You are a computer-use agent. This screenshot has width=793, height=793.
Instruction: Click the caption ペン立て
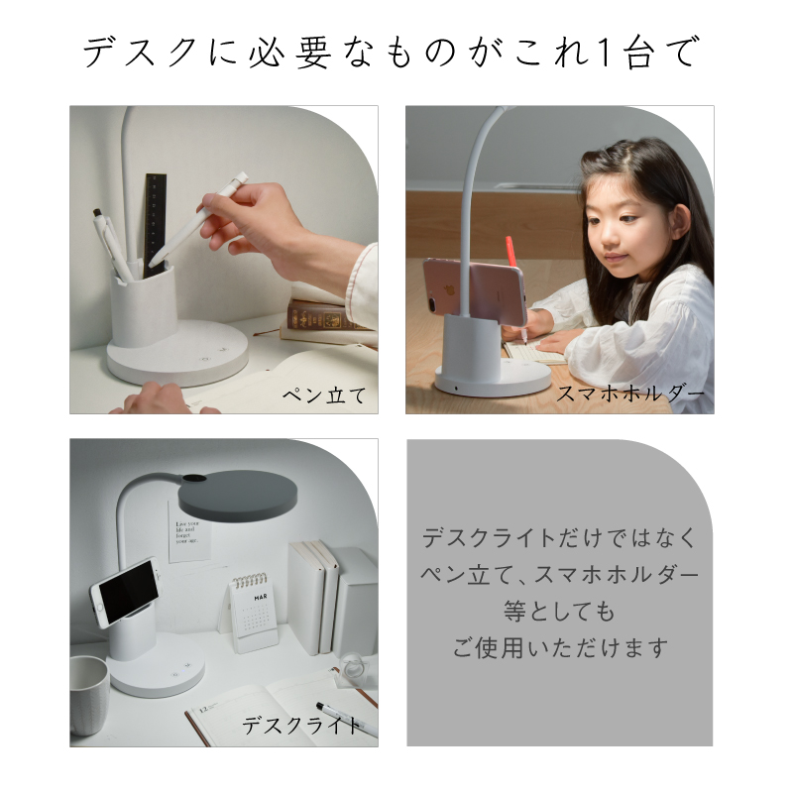point(324,396)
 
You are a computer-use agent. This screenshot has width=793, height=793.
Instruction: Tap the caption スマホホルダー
point(629,396)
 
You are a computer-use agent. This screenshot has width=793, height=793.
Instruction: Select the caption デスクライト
point(302,726)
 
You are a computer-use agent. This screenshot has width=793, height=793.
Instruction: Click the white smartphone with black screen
point(124,592)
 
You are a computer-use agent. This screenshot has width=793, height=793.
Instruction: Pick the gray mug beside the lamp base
point(88,694)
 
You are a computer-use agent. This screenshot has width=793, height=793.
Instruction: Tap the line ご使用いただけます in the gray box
point(560,648)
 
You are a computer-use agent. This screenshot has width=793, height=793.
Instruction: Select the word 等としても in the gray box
point(560,612)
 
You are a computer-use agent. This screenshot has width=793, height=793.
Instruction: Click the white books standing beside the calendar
point(315,595)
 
